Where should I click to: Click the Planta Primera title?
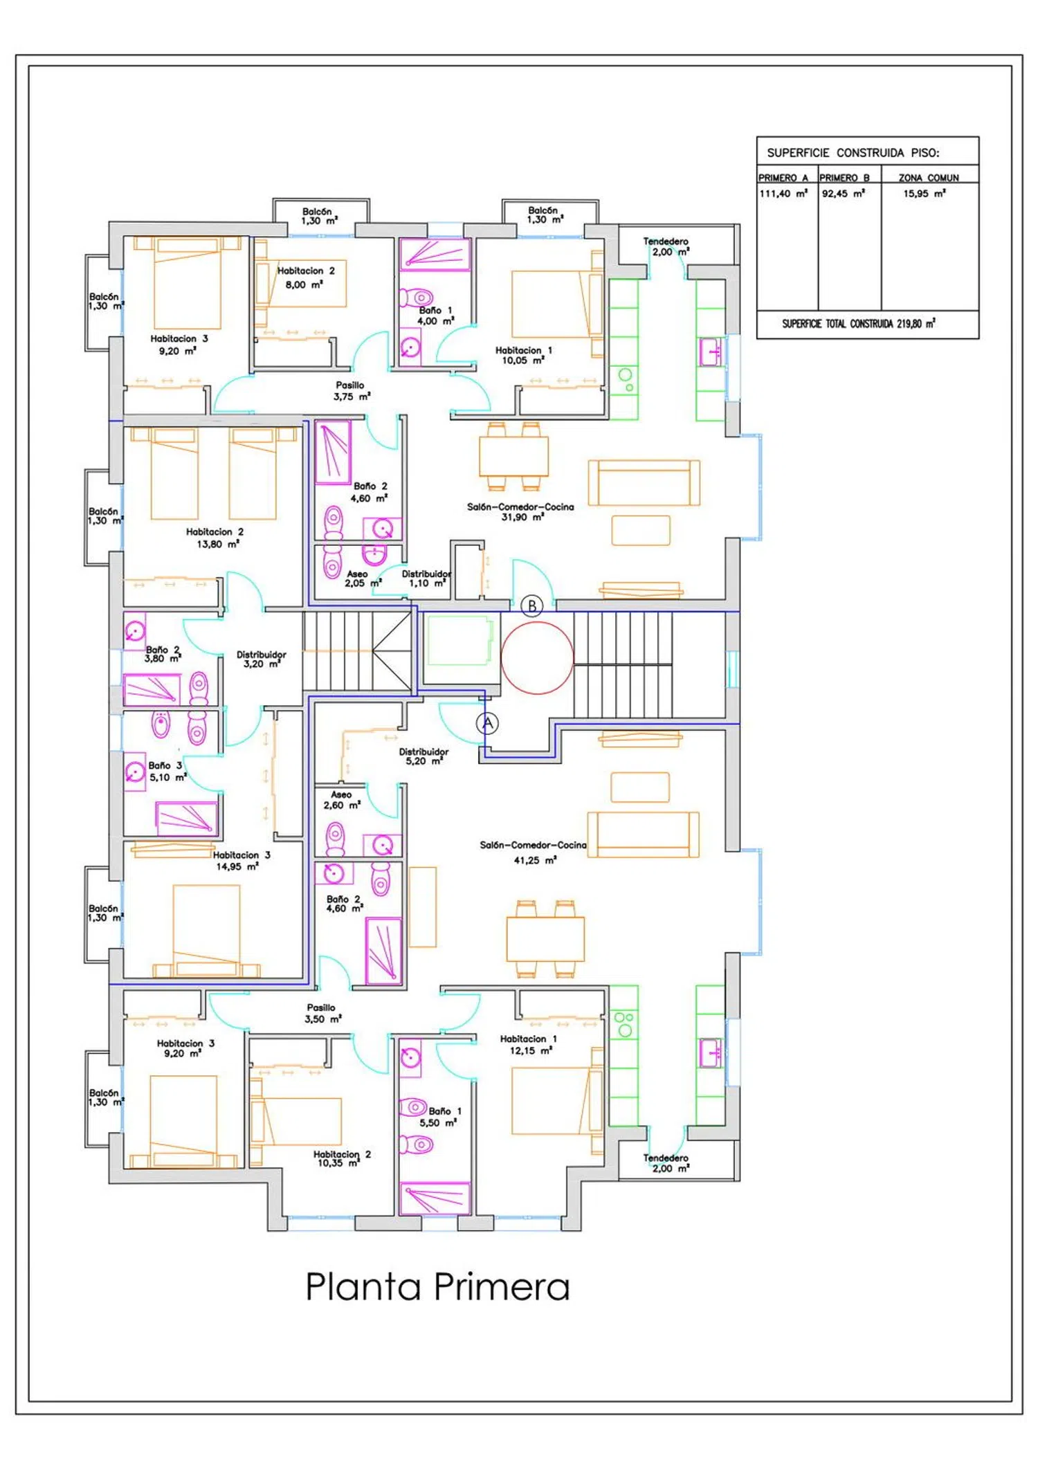(x=437, y=1287)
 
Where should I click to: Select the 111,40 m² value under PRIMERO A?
(x=783, y=194)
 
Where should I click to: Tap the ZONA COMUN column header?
(x=929, y=178)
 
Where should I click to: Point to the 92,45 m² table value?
(x=844, y=194)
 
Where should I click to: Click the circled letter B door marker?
(x=531, y=606)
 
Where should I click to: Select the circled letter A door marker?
(x=487, y=724)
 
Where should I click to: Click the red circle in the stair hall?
(x=537, y=657)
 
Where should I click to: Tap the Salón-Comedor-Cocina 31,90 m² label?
(x=520, y=512)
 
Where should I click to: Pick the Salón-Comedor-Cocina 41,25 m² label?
(x=533, y=852)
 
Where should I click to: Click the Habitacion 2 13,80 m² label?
(x=215, y=538)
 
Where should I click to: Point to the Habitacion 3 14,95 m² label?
(x=242, y=861)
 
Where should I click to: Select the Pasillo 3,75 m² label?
(x=351, y=391)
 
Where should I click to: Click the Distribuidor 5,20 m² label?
(x=424, y=756)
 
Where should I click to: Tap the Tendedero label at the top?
(x=666, y=241)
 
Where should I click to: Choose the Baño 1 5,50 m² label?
(x=440, y=1117)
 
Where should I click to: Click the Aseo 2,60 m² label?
(x=342, y=800)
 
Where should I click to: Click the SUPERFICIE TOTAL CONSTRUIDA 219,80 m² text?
(x=859, y=323)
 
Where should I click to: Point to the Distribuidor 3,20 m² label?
(x=261, y=659)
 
